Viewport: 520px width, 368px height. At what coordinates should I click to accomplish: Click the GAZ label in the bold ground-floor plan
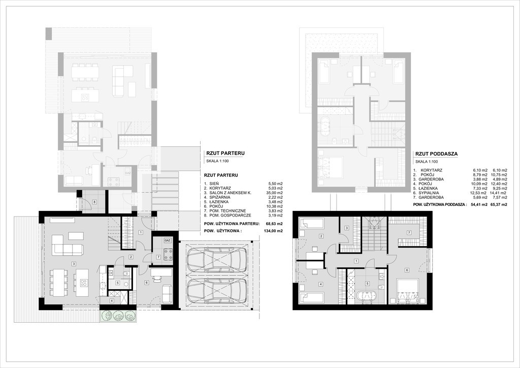[167, 240]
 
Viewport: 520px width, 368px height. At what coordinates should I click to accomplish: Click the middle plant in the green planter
[119, 316]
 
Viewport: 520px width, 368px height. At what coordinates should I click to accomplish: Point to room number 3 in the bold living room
[74, 264]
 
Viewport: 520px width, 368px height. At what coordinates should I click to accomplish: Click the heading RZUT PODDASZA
[436, 154]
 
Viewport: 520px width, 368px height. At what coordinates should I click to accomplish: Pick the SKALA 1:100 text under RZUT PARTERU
[217, 161]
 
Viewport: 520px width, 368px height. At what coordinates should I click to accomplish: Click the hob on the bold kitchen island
[83, 283]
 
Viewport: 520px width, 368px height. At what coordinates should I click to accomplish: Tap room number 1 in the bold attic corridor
[356, 261]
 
